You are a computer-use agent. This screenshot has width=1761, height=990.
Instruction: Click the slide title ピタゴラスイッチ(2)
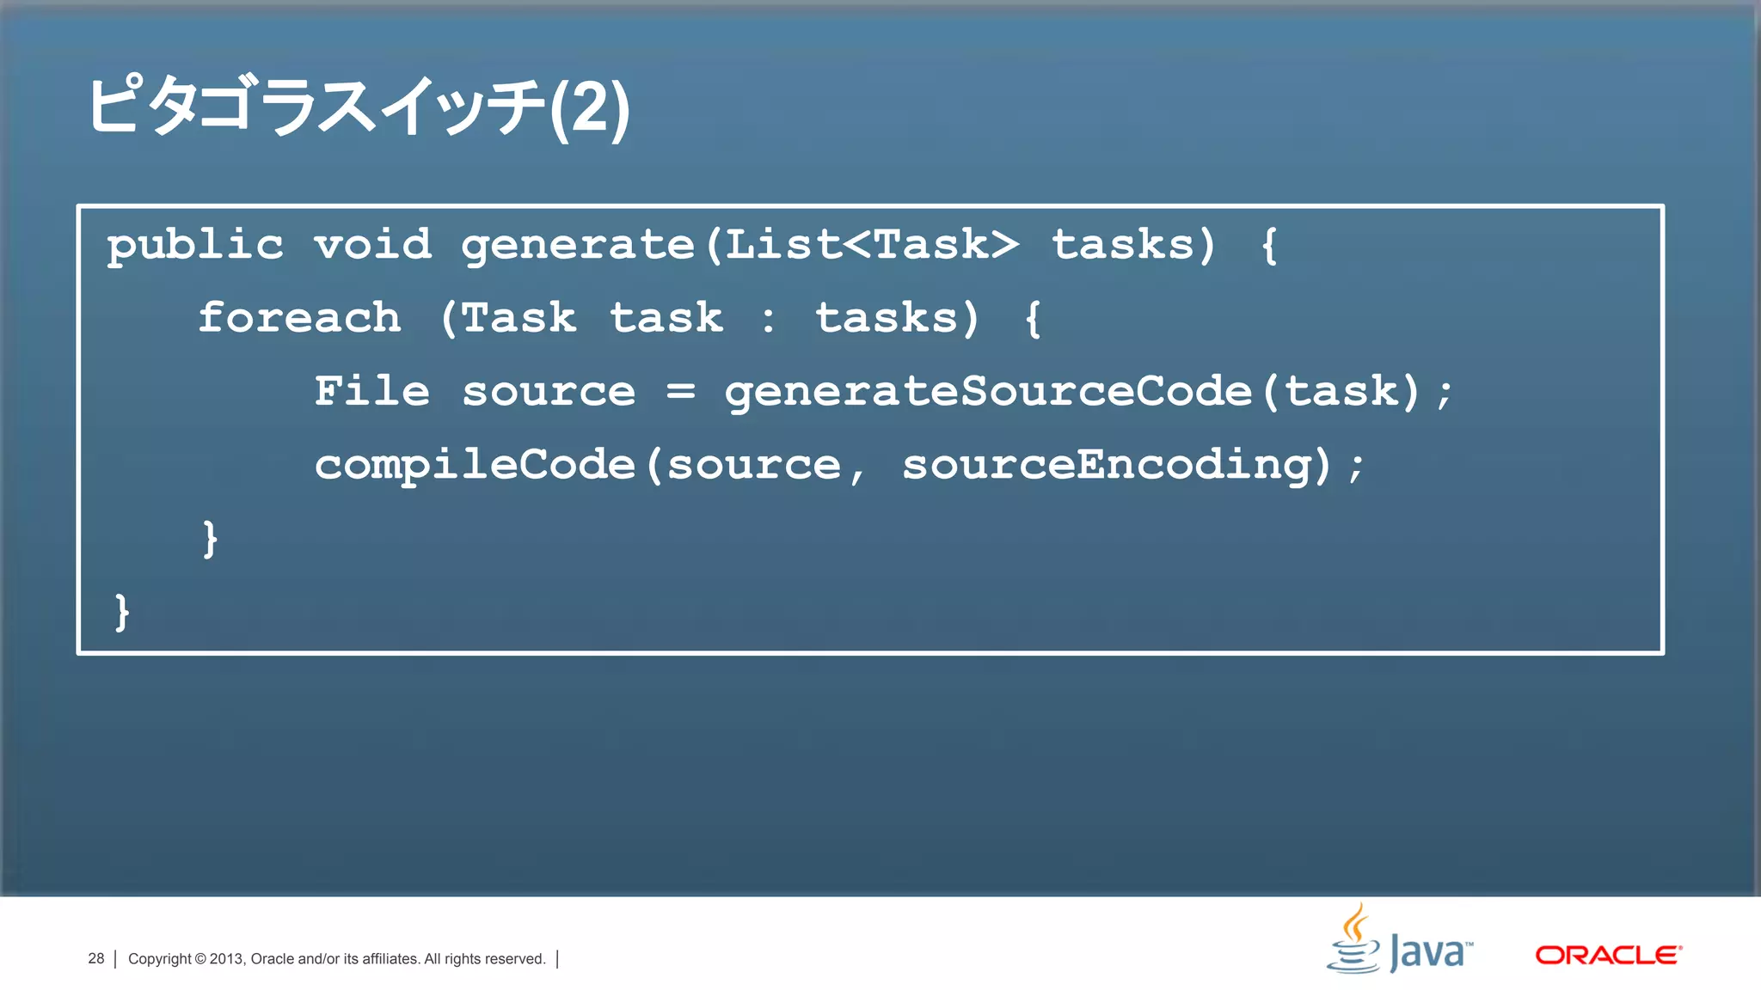(x=358, y=107)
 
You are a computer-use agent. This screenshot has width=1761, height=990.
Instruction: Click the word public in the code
(x=195, y=245)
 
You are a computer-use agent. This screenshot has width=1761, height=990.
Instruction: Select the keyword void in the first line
(x=372, y=244)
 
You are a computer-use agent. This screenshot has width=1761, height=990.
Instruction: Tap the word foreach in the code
(x=299, y=317)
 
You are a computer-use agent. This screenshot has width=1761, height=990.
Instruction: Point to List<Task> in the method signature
(x=871, y=244)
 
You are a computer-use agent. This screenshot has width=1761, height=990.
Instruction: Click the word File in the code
(x=371, y=391)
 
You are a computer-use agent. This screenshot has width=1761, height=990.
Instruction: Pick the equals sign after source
(x=680, y=392)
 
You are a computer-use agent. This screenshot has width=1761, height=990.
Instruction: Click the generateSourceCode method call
(x=987, y=392)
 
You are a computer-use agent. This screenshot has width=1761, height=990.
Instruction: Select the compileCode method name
(x=475, y=465)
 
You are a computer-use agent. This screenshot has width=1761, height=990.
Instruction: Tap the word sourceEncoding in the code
(x=1107, y=465)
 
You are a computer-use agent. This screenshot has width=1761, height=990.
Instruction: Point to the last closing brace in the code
(x=122, y=612)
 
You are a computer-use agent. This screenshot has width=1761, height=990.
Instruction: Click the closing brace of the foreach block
(x=210, y=539)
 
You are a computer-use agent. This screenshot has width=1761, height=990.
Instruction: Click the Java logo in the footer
(x=1399, y=941)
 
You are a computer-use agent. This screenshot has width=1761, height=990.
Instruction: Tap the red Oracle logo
(x=1608, y=955)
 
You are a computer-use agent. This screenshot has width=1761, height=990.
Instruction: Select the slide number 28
(x=95, y=958)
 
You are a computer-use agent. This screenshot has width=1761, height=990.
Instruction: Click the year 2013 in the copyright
(x=227, y=959)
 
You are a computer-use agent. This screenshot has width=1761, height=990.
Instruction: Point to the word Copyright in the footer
(x=159, y=959)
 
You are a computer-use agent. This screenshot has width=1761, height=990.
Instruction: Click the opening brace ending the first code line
(x=1269, y=246)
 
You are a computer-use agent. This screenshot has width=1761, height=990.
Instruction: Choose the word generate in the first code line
(x=578, y=246)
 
